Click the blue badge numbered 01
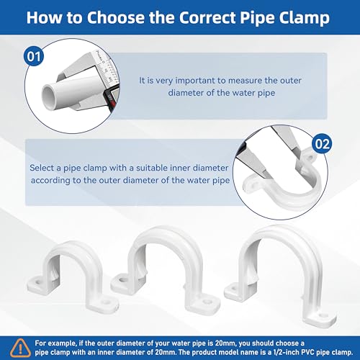tap(34, 57)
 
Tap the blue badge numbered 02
tap(322, 144)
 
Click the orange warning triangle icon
tap(20, 348)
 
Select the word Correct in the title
tap(207, 17)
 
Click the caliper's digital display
tap(110, 98)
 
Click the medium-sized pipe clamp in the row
tap(166, 268)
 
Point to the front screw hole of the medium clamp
tap(207, 302)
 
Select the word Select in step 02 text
tap(42, 168)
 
